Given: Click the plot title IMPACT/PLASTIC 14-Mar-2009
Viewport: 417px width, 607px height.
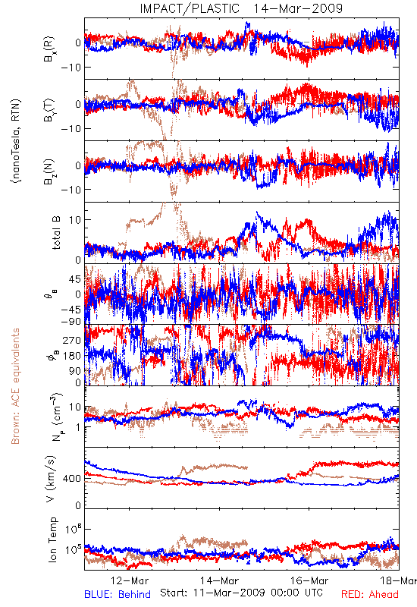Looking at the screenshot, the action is point(241,8).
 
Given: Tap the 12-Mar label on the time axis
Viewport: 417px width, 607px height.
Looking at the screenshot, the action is point(129,580).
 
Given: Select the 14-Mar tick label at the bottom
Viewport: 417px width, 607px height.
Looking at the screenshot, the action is point(219,580).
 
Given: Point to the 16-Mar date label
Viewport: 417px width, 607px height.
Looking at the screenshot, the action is point(309,580).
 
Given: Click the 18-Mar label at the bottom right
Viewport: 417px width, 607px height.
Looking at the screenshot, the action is point(398,580).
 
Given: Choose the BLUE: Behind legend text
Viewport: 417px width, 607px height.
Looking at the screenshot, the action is point(118,594).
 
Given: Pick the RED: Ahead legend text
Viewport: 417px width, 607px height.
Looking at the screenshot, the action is point(370,594).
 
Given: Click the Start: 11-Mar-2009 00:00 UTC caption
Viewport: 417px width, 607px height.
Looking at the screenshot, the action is point(241,593).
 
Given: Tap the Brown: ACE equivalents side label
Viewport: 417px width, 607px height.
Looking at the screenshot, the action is point(15,386).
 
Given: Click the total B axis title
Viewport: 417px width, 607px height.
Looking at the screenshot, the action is point(56,232).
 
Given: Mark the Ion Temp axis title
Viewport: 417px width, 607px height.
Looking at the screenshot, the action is point(53,539).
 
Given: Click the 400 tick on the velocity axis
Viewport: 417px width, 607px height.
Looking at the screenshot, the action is point(72,479).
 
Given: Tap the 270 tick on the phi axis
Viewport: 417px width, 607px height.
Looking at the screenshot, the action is point(72,340).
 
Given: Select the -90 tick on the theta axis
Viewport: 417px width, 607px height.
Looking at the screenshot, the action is point(71,321).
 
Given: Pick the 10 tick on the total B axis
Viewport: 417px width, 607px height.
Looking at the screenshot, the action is point(76,220).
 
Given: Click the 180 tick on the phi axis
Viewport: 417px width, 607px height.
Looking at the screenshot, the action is point(72,355).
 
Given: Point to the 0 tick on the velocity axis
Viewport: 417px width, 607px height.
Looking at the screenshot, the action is point(79,505).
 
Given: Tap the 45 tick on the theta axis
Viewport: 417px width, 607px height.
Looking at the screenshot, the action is point(75,279).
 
